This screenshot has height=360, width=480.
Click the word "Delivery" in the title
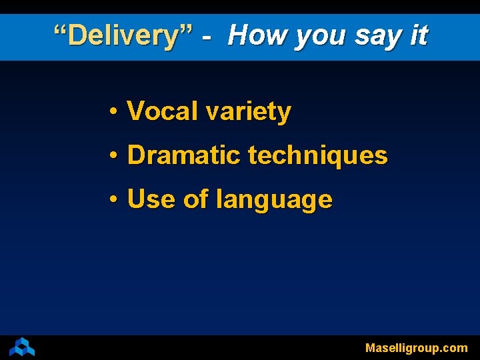[123, 35]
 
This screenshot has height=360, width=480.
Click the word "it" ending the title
[419, 35]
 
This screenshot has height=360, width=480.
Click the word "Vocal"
[163, 111]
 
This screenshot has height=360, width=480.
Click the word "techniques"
[317, 156]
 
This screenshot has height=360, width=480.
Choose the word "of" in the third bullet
[195, 199]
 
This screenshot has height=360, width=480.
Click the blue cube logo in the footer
[22, 347]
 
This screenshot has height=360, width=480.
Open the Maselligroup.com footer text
[416, 348]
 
